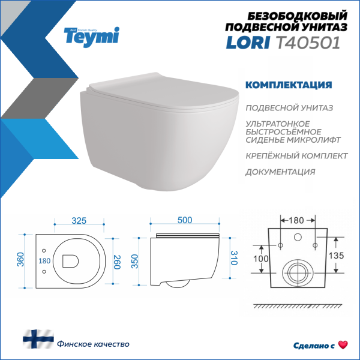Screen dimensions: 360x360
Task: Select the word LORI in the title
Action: (244, 42)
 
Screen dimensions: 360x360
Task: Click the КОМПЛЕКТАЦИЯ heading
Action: (288, 85)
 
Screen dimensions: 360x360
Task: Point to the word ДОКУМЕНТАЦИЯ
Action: (280, 172)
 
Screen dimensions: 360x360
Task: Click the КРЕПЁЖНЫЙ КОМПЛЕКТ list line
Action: (296, 155)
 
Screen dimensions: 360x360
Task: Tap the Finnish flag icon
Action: (38, 339)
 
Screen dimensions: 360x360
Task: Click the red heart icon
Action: (343, 344)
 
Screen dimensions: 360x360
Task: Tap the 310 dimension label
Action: (235, 259)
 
